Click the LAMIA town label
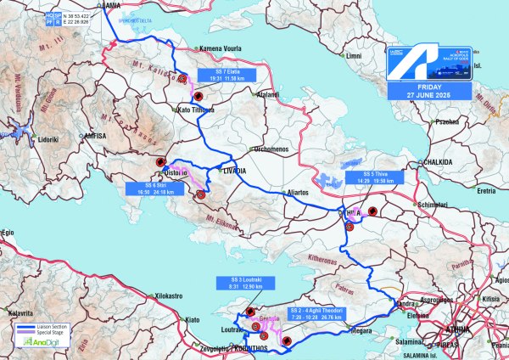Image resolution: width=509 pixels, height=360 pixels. [109, 4]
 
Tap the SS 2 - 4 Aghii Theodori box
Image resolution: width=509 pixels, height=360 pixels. [316, 314]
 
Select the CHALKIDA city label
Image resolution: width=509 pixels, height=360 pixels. [433, 160]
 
